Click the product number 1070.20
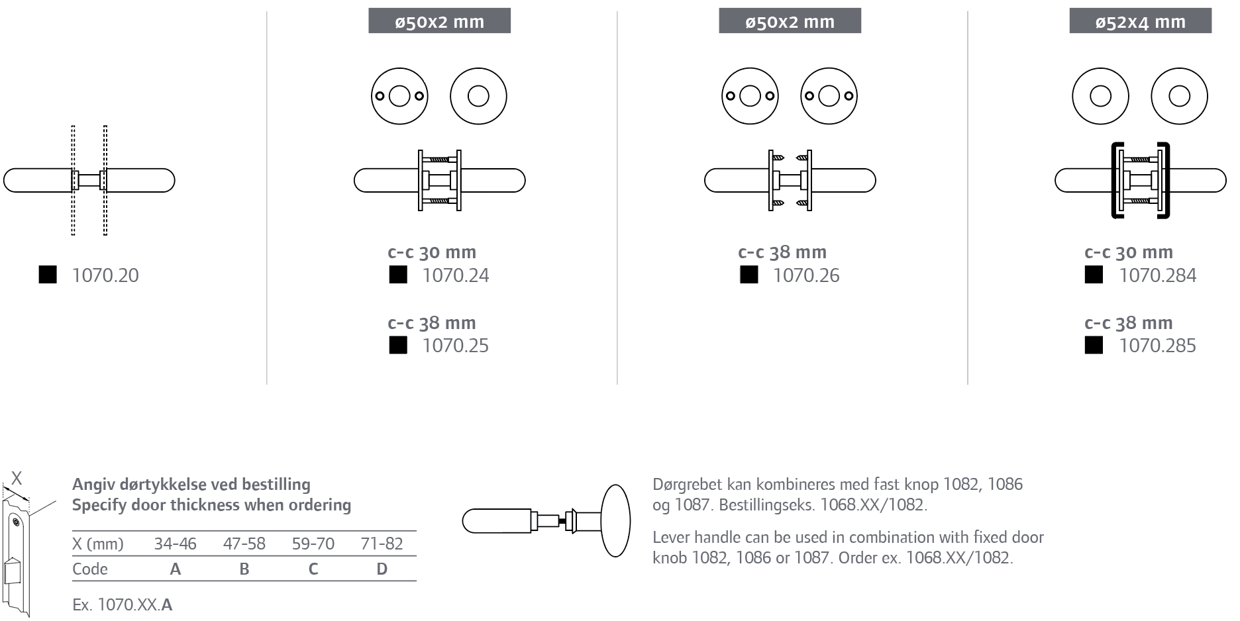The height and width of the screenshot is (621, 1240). tap(105, 275)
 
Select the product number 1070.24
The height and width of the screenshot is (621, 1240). tap(456, 275)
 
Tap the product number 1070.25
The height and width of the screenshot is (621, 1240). tap(456, 346)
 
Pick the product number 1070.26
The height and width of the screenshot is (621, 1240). tap(806, 275)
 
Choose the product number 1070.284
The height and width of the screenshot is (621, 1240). tap(1158, 275)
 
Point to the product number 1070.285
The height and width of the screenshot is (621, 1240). tap(1158, 346)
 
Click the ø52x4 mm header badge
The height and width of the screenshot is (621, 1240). tap(1141, 21)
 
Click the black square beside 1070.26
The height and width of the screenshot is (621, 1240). tap(749, 275)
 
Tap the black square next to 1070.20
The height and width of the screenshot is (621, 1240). tap(48, 275)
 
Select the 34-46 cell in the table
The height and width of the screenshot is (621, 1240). tap(176, 544)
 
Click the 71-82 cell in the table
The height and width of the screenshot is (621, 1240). tap(382, 544)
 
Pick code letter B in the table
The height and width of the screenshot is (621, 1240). tap(244, 569)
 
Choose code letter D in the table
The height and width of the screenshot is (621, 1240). tap(382, 569)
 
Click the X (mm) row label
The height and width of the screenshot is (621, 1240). tap(98, 544)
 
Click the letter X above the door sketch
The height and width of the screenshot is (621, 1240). tap(17, 478)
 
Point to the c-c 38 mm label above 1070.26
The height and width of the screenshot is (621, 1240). tap(782, 252)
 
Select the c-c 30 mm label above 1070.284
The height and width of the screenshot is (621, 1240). tap(1129, 252)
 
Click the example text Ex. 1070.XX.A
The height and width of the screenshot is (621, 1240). tap(123, 604)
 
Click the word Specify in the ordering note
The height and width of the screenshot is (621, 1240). tap(99, 506)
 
